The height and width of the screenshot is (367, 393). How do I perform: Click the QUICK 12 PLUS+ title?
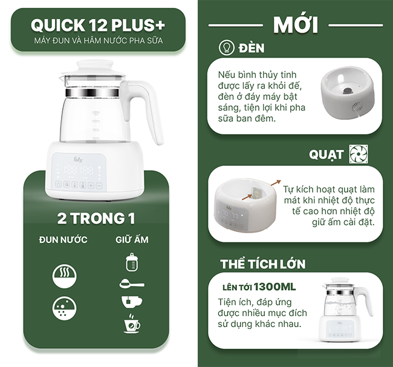pos(98,25)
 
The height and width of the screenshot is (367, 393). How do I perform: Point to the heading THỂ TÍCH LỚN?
pos(262,264)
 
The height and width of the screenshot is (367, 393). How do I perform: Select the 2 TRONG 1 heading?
pos(96,218)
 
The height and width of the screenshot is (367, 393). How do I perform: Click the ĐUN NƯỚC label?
pos(63,240)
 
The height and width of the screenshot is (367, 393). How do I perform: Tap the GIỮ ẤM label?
pos(132,240)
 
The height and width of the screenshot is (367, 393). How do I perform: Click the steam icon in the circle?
pos(63,276)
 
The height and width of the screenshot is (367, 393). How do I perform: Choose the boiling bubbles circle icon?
pos(63,308)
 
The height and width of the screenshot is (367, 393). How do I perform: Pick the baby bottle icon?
pos(131,262)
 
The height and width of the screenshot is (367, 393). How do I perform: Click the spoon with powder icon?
pos(131,283)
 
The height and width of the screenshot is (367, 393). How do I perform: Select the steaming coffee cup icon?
pos(131,324)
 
